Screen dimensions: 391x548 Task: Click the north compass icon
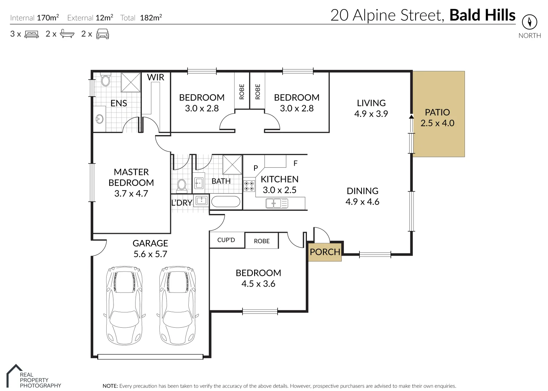pyautogui.click(x=530, y=22)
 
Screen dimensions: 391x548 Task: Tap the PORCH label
pyautogui.click(x=325, y=252)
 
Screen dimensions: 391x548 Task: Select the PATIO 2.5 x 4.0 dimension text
pyautogui.click(x=437, y=123)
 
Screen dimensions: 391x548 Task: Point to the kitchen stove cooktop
pyautogui.click(x=249, y=186)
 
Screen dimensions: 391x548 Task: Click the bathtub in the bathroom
pyautogui.click(x=226, y=202)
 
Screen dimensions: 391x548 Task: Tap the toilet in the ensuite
pyautogui.click(x=106, y=80)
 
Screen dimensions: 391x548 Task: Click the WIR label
pyautogui.click(x=155, y=77)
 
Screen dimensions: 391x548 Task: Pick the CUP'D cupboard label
pyautogui.click(x=226, y=240)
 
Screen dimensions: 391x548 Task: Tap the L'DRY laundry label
pyautogui.click(x=181, y=203)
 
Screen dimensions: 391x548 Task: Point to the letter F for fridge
pyautogui.click(x=295, y=163)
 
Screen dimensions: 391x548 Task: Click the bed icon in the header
pyautogui.click(x=31, y=34)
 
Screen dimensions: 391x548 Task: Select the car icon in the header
pyautogui.click(x=103, y=34)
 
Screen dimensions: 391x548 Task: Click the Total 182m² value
pyautogui.click(x=151, y=18)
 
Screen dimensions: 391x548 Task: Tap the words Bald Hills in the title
pyautogui.click(x=482, y=15)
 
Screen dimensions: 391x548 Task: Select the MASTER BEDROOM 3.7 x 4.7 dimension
pyautogui.click(x=131, y=194)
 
